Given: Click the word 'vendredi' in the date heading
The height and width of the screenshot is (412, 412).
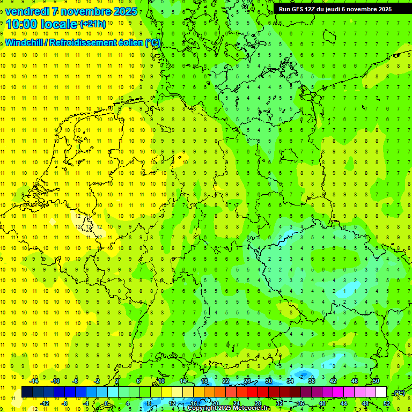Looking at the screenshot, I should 27,11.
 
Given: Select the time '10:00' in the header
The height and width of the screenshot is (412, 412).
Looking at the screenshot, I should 22,25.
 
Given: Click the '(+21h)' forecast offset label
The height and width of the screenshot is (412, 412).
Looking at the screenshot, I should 93,24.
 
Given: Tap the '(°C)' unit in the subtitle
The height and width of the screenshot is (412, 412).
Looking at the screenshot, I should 153,42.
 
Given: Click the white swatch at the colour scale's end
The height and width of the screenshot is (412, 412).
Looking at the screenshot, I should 381,392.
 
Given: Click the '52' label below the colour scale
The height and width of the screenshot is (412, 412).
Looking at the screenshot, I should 386,403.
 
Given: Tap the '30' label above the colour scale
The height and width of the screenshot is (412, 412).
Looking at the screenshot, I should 268,381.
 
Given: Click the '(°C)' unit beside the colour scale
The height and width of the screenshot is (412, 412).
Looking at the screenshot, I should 399,393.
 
